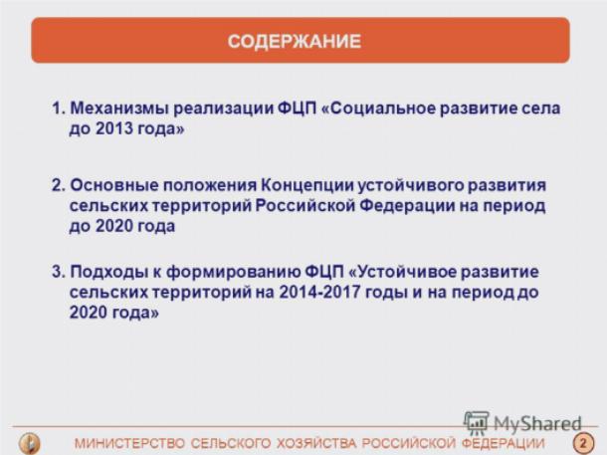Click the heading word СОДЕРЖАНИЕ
295,41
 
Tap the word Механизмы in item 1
118,109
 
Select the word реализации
223,109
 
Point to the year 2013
114,128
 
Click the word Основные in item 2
113,185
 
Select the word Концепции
307,186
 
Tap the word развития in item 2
506,186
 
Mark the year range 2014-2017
319,292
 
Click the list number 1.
58,109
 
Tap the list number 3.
59,272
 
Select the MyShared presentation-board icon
477,422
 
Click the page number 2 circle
583,443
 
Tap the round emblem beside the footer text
30,443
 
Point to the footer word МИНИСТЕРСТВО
129,443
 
